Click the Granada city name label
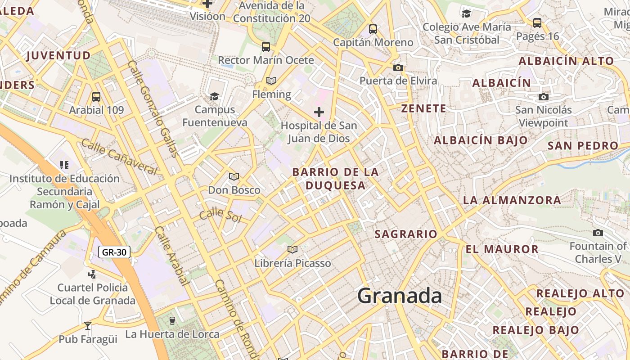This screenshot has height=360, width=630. click(399, 296)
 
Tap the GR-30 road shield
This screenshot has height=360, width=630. click(114, 252)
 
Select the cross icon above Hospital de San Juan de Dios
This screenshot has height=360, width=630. click(319, 112)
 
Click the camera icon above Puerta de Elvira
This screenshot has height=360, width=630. click(398, 67)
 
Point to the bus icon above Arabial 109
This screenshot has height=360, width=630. click(96, 96)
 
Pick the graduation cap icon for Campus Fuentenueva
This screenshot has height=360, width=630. click(215, 96)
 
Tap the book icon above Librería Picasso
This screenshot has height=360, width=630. click(292, 249)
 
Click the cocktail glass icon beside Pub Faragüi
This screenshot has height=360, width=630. click(88, 325)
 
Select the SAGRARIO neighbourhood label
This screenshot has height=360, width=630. click(406, 234)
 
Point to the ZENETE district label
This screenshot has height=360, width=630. click(424, 108)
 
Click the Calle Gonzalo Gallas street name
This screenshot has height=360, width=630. click(153, 108)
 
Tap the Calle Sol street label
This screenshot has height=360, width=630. click(220, 215)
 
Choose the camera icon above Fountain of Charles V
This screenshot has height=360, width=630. click(598, 233)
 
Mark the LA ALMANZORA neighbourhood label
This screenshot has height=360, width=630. click(512, 200)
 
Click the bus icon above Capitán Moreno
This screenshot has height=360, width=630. click(373, 29)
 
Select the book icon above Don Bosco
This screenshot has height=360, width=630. click(234, 176)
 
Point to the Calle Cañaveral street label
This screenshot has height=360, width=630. click(119, 156)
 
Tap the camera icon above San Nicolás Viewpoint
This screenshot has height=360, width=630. click(543, 97)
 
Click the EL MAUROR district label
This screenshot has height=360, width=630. click(502, 249)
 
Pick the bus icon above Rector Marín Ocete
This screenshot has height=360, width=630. click(265, 46)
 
